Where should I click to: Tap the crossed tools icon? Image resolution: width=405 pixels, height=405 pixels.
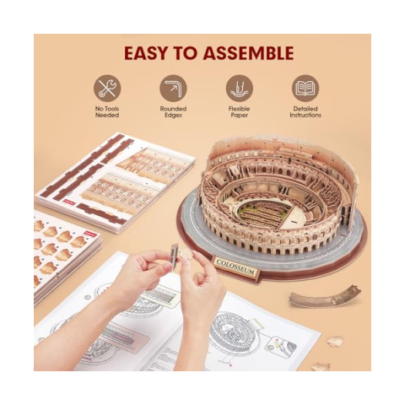pyautogui.click(x=108, y=87)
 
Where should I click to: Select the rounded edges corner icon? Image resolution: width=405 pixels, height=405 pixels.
pyautogui.click(x=174, y=87)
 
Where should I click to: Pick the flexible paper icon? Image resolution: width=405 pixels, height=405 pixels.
pyautogui.click(x=240, y=87)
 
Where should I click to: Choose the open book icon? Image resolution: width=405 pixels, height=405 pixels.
pyautogui.click(x=305, y=87)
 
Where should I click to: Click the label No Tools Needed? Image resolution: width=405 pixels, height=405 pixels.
pyautogui.click(x=108, y=111)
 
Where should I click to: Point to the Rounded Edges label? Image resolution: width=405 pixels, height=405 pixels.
pyautogui.click(x=174, y=111)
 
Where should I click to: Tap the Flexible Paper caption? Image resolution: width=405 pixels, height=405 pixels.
pyautogui.click(x=240, y=111)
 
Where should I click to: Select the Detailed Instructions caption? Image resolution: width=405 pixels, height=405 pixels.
pyautogui.click(x=305, y=111)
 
